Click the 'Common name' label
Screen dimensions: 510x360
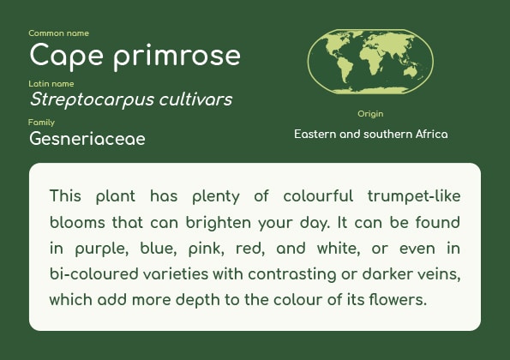[x=58, y=33]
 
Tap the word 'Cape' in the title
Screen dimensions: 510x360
[x=66, y=56]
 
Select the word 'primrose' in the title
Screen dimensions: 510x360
[x=177, y=56]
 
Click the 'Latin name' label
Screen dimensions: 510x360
[x=51, y=84]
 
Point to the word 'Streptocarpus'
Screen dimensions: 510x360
[x=92, y=99]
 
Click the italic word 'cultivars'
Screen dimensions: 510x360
[x=195, y=99]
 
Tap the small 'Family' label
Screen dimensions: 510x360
[x=41, y=123]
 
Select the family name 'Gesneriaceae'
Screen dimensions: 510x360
[x=87, y=139]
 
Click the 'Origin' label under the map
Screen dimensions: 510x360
[x=370, y=114]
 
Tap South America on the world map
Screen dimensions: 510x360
[x=345, y=70]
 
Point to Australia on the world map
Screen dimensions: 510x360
[x=411, y=71]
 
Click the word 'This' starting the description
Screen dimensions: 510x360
[x=65, y=195]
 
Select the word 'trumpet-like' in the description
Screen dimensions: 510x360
[x=414, y=196]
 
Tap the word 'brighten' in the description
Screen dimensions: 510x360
[x=219, y=223]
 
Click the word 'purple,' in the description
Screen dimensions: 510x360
[x=102, y=249]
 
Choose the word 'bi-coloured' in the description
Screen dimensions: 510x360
[x=94, y=273]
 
